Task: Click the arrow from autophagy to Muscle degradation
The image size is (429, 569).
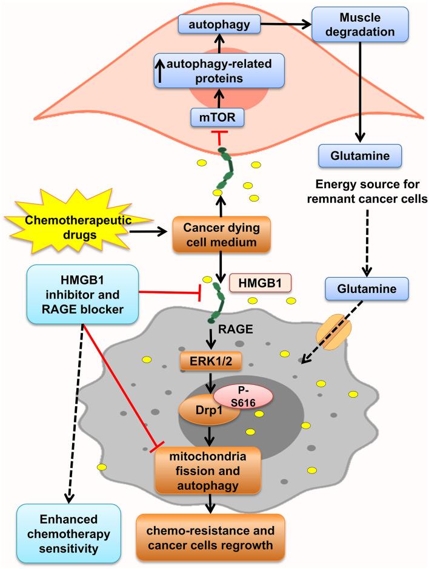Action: pos(285,25)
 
